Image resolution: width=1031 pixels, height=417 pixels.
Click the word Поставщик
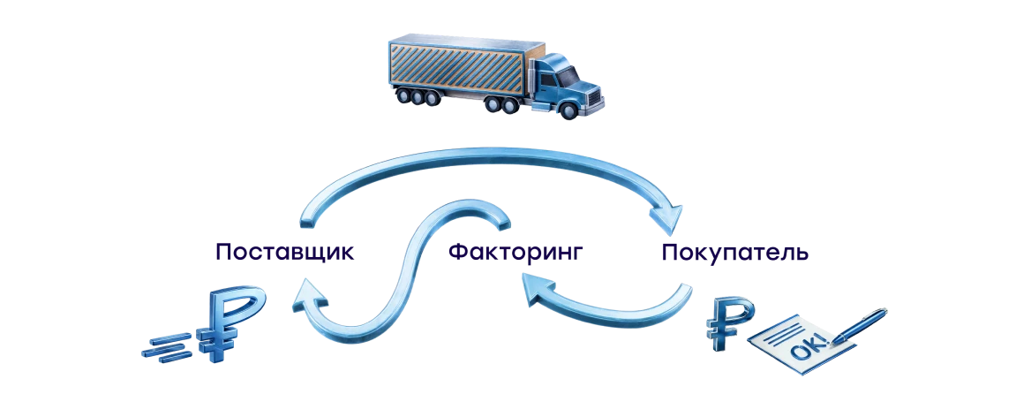(284, 252)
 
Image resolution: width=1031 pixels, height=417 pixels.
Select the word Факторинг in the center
(516, 252)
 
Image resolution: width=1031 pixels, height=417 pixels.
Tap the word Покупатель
(734, 253)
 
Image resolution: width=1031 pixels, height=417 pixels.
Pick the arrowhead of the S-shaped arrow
(305, 292)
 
